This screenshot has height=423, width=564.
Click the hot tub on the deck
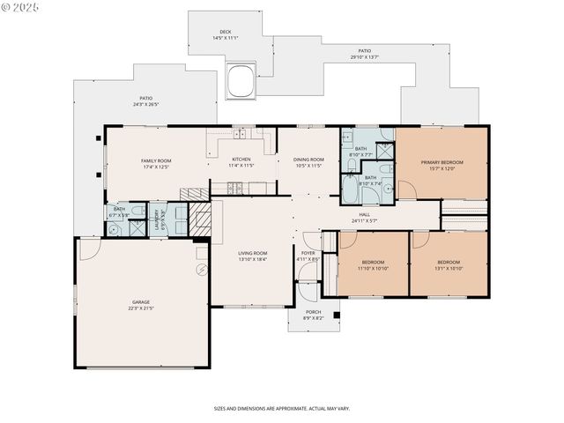click(x=240, y=80)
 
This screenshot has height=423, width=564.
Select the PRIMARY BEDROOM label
click(x=442, y=162)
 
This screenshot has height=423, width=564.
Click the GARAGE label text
click(x=141, y=302)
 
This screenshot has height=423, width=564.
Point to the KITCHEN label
click(x=241, y=160)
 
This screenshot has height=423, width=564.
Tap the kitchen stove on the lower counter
click(x=234, y=186)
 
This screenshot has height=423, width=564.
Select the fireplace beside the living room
click(x=200, y=218)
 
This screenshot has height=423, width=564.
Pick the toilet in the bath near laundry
click(x=115, y=230)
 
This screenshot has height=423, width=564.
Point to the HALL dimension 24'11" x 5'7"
click(x=364, y=221)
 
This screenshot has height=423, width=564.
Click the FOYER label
click(x=308, y=253)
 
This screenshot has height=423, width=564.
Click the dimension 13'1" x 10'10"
click(x=449, y=268)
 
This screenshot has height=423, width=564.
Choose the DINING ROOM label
click(x=308, y=160)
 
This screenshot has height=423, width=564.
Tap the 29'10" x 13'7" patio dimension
click(x=364, y=57)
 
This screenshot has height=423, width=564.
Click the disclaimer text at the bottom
click(x=281, y=408)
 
